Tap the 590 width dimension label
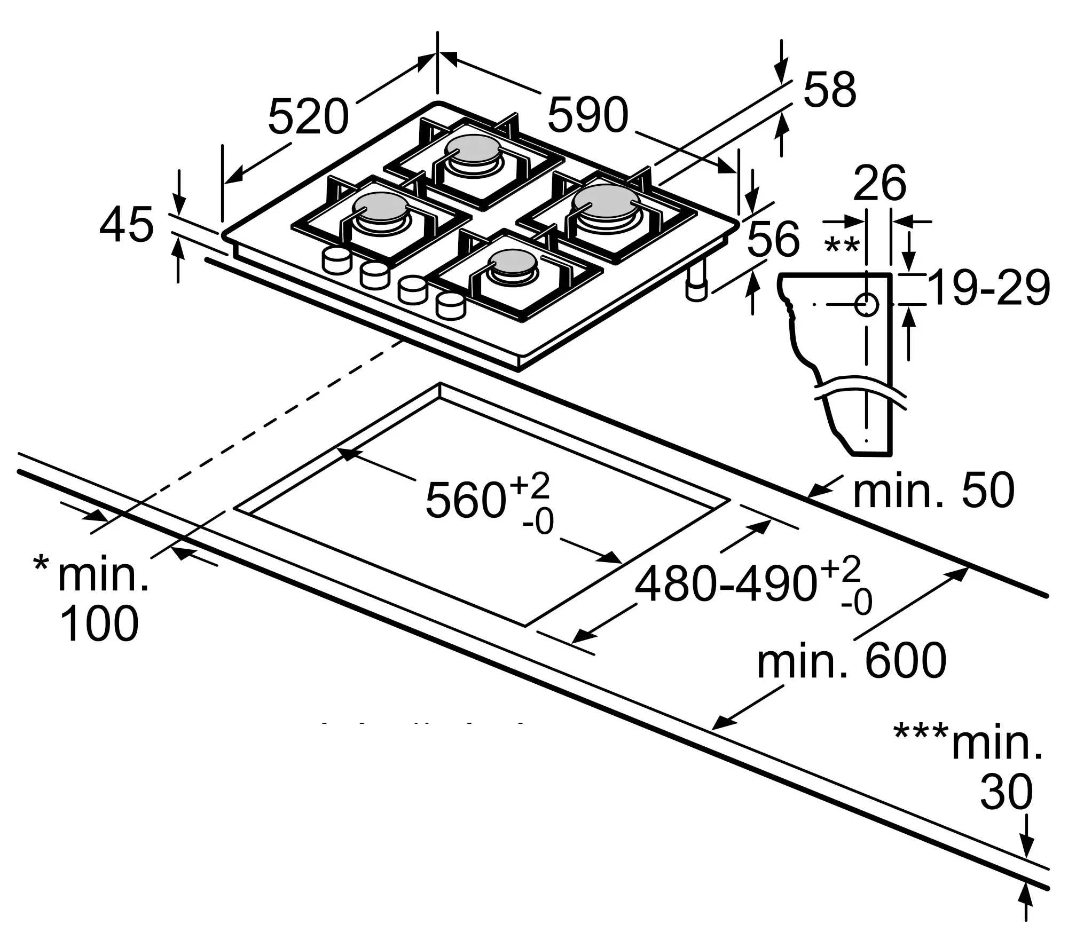point(588,115)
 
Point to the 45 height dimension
point(127,225)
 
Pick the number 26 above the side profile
point(879,184)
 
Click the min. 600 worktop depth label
point(852,662)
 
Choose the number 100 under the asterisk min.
point(100,623)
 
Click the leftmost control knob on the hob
point(335,260)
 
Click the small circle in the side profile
point(866,305)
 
